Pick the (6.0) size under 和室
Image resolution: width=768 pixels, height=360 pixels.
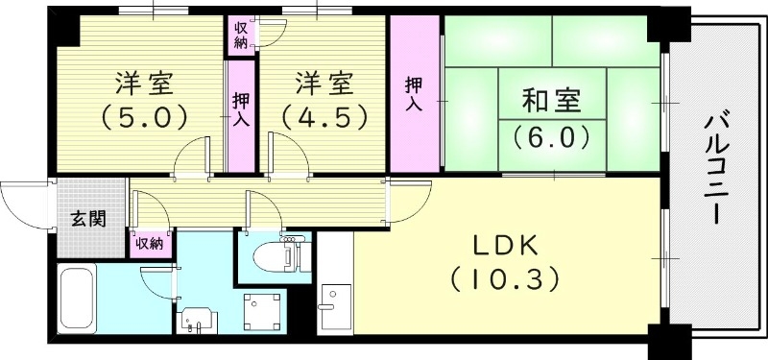pos(551,137)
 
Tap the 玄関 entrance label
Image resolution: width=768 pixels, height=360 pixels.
pos(88,218)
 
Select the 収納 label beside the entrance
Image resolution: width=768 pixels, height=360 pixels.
pos(150,244)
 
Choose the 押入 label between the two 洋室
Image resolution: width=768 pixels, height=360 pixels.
pos(241,108)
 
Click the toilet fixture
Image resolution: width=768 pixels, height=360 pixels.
pos(280,253)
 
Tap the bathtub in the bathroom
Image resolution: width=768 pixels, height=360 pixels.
pos(76,298)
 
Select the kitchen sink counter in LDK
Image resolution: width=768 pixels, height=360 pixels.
pos(335,305)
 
